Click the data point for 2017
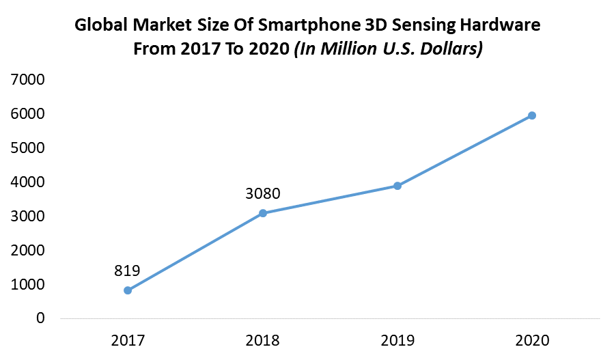128,290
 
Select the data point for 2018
262,213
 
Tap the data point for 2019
397,186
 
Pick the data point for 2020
532,115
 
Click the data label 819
128,271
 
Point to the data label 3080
262,193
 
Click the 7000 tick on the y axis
28,80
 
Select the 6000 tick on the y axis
28,114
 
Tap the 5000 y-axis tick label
28,148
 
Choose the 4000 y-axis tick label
28,182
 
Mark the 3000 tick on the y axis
28,217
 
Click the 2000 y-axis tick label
28,251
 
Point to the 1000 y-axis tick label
28,284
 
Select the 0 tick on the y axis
41,318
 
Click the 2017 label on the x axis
128,340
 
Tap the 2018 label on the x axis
262,340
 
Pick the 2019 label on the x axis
397,340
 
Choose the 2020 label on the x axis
532,340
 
